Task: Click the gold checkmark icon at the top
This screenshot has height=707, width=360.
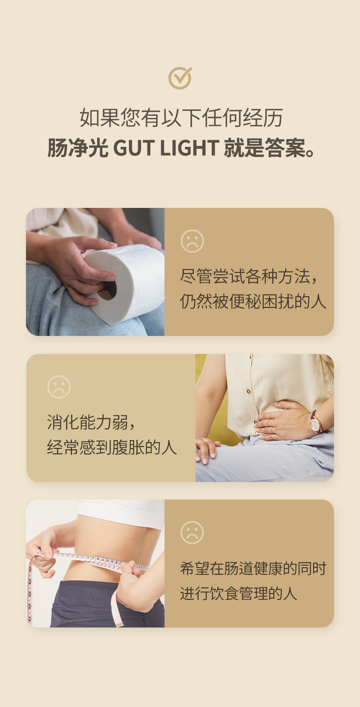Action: (x=180, y=78)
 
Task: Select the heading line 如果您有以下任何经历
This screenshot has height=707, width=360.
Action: (x=181, y=118)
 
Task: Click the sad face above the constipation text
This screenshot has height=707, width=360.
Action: (x=192, y=241)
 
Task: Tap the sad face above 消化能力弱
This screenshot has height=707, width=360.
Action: (x=59, y=387)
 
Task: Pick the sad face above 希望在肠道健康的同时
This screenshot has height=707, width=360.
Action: (x=192, y=533)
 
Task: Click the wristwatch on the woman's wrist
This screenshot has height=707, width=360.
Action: (x=315, y=421)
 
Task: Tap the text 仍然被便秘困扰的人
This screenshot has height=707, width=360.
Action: (x=253, y=301)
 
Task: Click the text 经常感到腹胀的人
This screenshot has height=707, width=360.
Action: (x=112, y=447)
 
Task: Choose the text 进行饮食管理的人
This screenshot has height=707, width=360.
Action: (x=239, y=593)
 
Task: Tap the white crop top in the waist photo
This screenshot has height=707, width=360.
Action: (x=121, y=512)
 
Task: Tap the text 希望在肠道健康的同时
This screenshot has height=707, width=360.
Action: (x=253, y=568)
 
